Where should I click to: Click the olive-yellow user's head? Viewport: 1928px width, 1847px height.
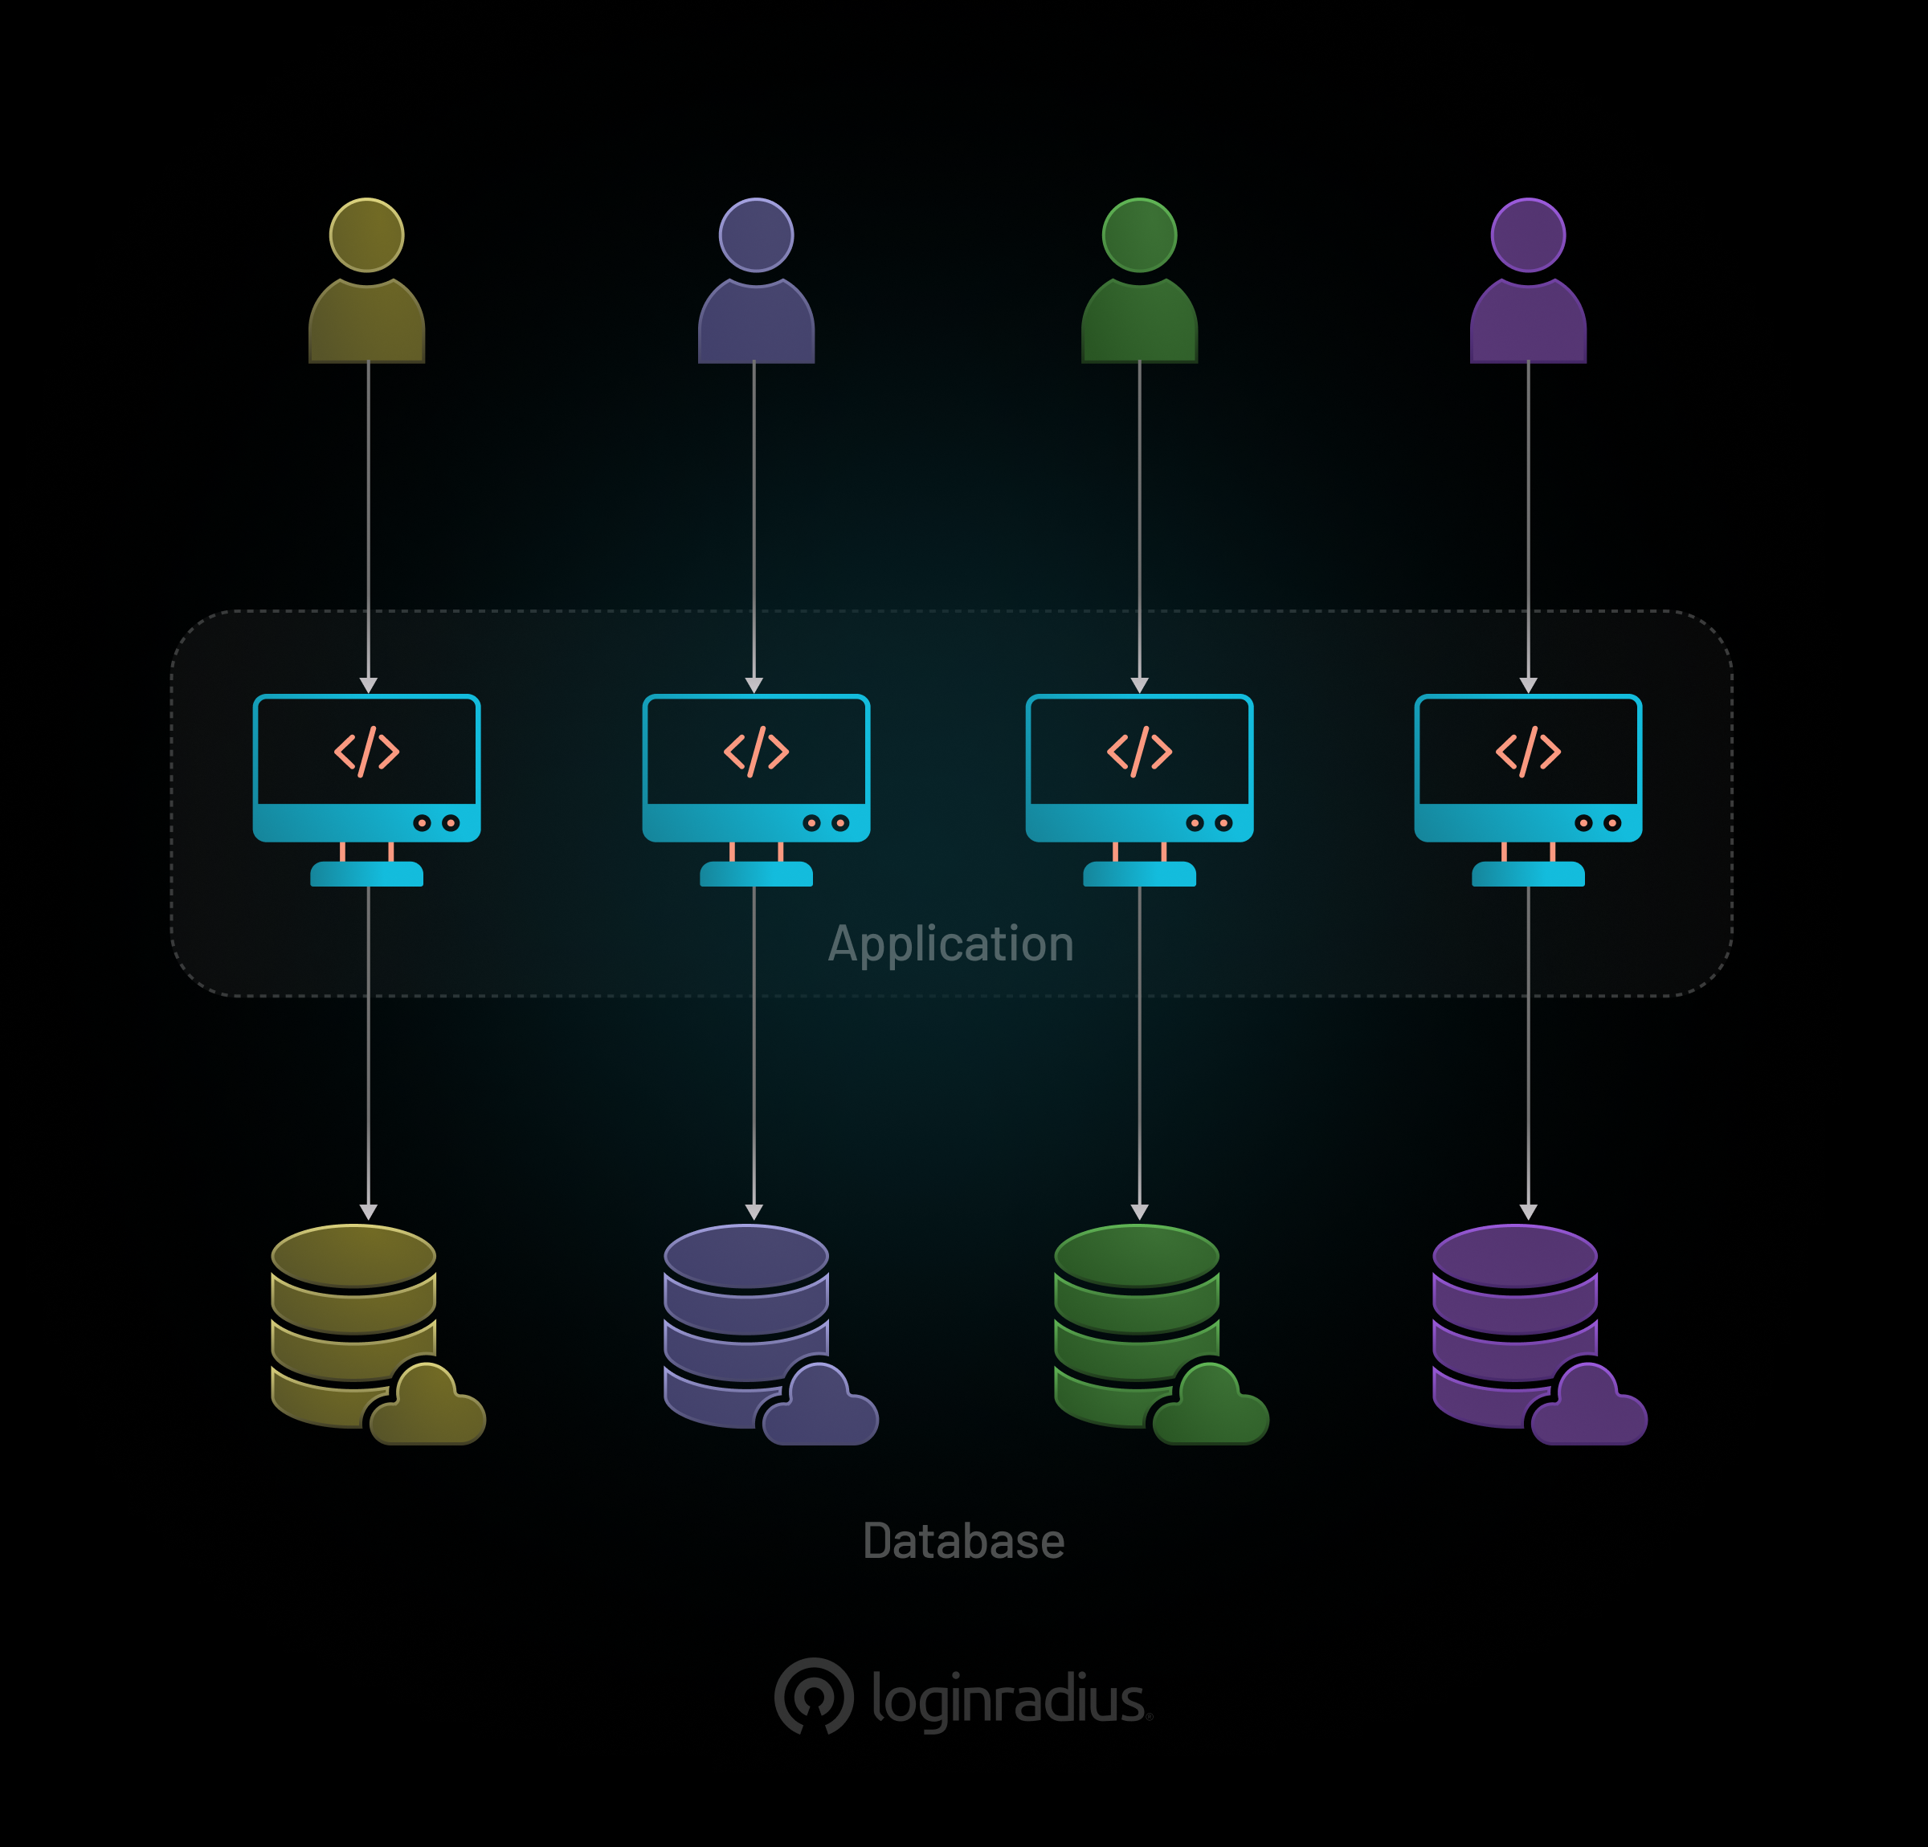[x=366, y=235]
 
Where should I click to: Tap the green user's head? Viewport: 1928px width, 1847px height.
[x=1139, y=235]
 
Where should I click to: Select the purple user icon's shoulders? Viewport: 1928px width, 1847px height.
[x=1528, y=323]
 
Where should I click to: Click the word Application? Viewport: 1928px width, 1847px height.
[x=950, y=943]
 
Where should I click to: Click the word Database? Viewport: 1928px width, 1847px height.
[x=963, y=1540]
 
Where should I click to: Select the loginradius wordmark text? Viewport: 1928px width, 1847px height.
[x=1008, y=1698]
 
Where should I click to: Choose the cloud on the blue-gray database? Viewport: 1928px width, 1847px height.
[x=820, y=1409]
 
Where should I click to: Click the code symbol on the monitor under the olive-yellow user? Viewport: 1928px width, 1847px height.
[x=366, y=752]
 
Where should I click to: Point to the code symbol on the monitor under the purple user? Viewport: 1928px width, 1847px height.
[x=1528, y=752]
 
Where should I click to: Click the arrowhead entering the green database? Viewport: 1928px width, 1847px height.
[x=1139, y=1212]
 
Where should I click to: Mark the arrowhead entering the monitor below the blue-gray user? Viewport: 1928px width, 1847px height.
[x=754, y=684]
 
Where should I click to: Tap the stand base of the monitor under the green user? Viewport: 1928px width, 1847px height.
[x=1139, y=874]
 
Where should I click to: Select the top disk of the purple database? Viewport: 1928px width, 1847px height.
[x=1515, y=1255]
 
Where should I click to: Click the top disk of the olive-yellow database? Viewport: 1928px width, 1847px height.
[x=353, y=1255]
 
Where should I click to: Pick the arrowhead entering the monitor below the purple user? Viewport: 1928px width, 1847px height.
[x=1528, y=684]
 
